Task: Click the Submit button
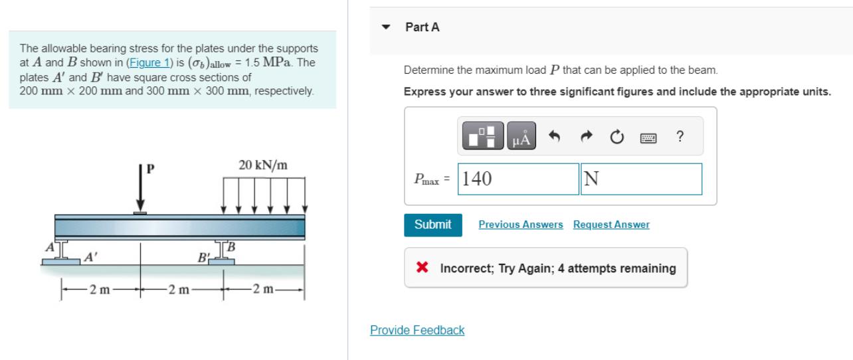[x=432, y=225]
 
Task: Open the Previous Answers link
[x=520, y=225]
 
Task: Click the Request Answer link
[x=611, y=225]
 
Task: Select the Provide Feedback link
[x=417, y=330]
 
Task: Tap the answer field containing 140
[x=518, y=179]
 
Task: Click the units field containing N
[x=641, y=179]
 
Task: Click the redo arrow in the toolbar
[x=585, y=137]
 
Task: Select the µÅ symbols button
[x=521, y=137]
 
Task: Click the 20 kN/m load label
[x=262, y=165]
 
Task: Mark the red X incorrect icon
[x=421, y=268]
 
